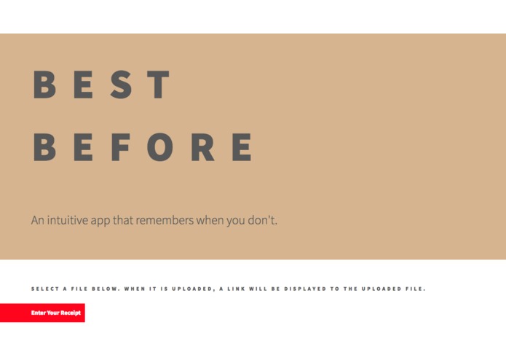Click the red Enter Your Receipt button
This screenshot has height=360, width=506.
[42, 313]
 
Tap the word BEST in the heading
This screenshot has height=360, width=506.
[102, 85]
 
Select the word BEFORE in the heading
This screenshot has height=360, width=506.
[143, 148]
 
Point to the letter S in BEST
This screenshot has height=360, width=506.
[122, 85]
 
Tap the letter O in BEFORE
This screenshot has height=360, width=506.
[160, 148]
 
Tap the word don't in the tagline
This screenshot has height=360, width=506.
[262, 219]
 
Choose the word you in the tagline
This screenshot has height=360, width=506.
[235, 220]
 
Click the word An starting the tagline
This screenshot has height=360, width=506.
[38, 219]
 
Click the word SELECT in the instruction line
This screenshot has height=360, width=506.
[45, 289]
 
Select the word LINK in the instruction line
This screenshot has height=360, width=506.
[238, 289]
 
